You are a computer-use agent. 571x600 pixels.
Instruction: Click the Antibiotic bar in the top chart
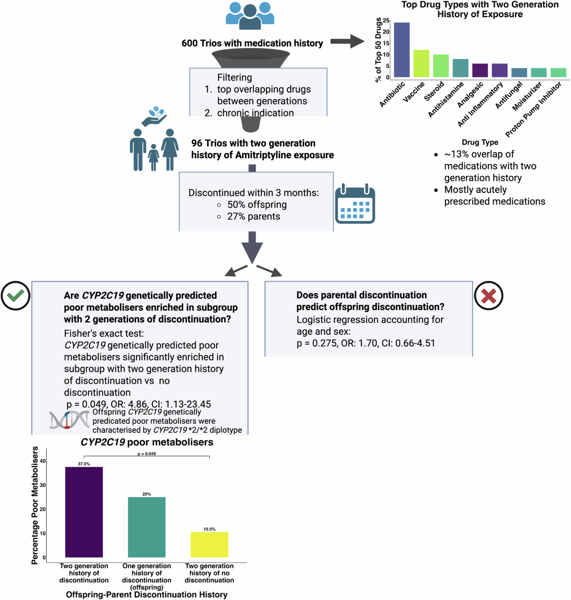point(402,50)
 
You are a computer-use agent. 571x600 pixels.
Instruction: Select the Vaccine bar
point(421,64)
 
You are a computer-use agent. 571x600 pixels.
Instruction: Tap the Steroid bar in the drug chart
point(441,66)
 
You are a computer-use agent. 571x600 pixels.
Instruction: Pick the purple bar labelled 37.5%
point(84,512)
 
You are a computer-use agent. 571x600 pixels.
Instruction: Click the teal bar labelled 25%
point(147,527)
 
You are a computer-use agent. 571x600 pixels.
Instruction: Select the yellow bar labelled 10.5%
point(209,544)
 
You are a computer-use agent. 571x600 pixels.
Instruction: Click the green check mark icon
point(16,295)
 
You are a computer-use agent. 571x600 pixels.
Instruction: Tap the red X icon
point(489,296)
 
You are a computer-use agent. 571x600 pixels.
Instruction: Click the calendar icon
point(355,204)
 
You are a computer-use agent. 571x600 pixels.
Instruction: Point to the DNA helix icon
point(69,420)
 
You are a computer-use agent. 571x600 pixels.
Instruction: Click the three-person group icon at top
point(250,16)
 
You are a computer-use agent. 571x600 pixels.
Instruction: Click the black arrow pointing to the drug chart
point(347,41)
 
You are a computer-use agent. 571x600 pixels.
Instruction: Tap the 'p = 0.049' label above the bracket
point(147,454)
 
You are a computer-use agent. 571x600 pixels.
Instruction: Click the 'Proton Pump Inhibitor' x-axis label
point(533,109)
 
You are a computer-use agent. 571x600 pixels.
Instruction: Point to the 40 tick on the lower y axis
point(43,461)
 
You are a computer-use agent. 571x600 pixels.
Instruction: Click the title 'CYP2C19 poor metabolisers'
point(147,442)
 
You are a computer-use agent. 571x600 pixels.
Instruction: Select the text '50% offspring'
point(257,205)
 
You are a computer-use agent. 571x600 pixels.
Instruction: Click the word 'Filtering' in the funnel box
point(235,77)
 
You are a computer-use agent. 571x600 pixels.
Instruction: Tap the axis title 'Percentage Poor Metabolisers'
point(35,505)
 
